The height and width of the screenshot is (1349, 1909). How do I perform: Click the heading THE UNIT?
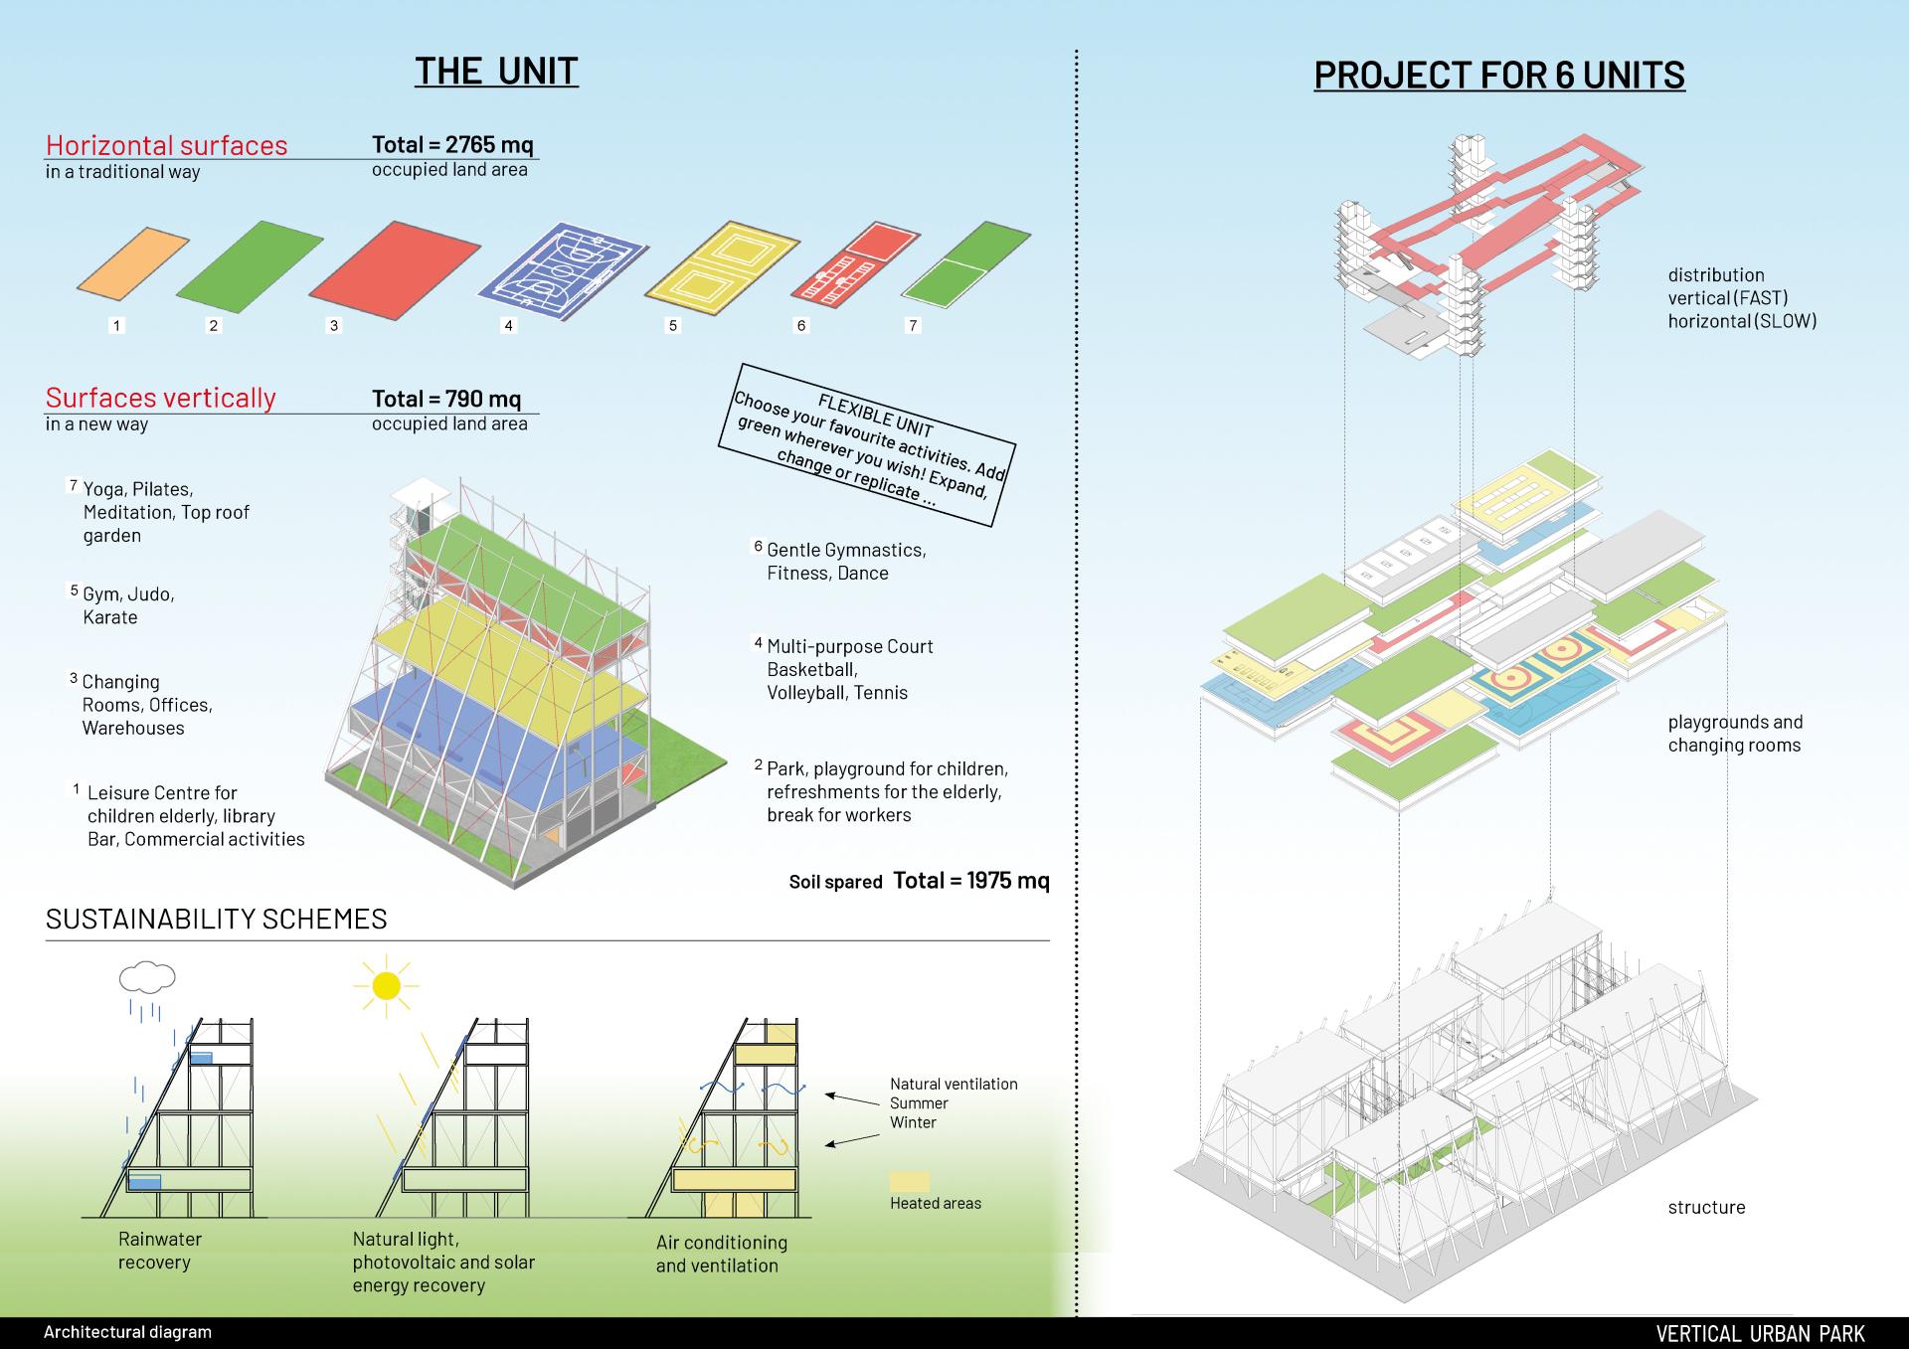tap(496, 71)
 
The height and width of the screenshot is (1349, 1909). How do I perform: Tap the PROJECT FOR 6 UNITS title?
tap(1498, 75)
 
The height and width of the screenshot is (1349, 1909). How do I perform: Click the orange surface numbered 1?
tap(133, 261)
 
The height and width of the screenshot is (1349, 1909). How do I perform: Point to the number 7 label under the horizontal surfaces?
tap(913, 325)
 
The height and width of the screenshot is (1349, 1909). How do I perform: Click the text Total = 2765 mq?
tap(452, 144)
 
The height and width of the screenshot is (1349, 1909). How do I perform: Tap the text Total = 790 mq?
tap(446, 399)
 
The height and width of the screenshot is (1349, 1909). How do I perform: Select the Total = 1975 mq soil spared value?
tap(970, 880)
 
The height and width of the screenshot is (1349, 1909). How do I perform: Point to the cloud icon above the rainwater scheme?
tap(147, 977)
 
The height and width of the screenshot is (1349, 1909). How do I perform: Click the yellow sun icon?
tap(385, 985)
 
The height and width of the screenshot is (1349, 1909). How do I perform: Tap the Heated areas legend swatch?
tap(910, 1181)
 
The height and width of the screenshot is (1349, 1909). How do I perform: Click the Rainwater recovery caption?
tap(159, 1251)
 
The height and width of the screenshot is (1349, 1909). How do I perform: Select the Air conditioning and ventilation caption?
tap(721, 1254)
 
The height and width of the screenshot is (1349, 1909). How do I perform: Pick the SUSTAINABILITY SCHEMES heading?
tap(216, 919)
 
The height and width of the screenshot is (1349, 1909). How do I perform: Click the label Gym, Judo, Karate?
tap(128, 605)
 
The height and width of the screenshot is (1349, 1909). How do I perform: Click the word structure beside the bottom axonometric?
tap(1706, 1207)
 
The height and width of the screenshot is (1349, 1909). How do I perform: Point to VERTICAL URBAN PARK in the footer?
tap(1760, 1333)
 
